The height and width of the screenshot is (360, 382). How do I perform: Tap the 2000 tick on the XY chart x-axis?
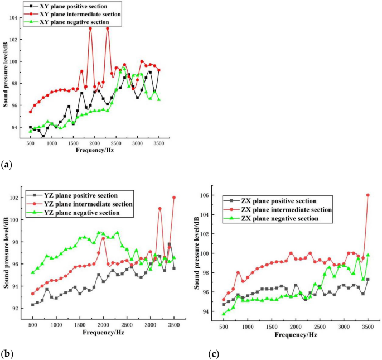95,143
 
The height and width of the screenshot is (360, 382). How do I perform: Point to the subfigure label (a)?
7,164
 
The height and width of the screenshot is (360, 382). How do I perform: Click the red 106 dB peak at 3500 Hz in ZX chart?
368,195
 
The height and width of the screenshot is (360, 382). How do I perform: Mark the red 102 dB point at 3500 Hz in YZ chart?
174,198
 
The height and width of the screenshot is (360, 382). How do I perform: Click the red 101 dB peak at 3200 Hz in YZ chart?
160,209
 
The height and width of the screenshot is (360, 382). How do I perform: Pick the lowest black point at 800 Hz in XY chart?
43,136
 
